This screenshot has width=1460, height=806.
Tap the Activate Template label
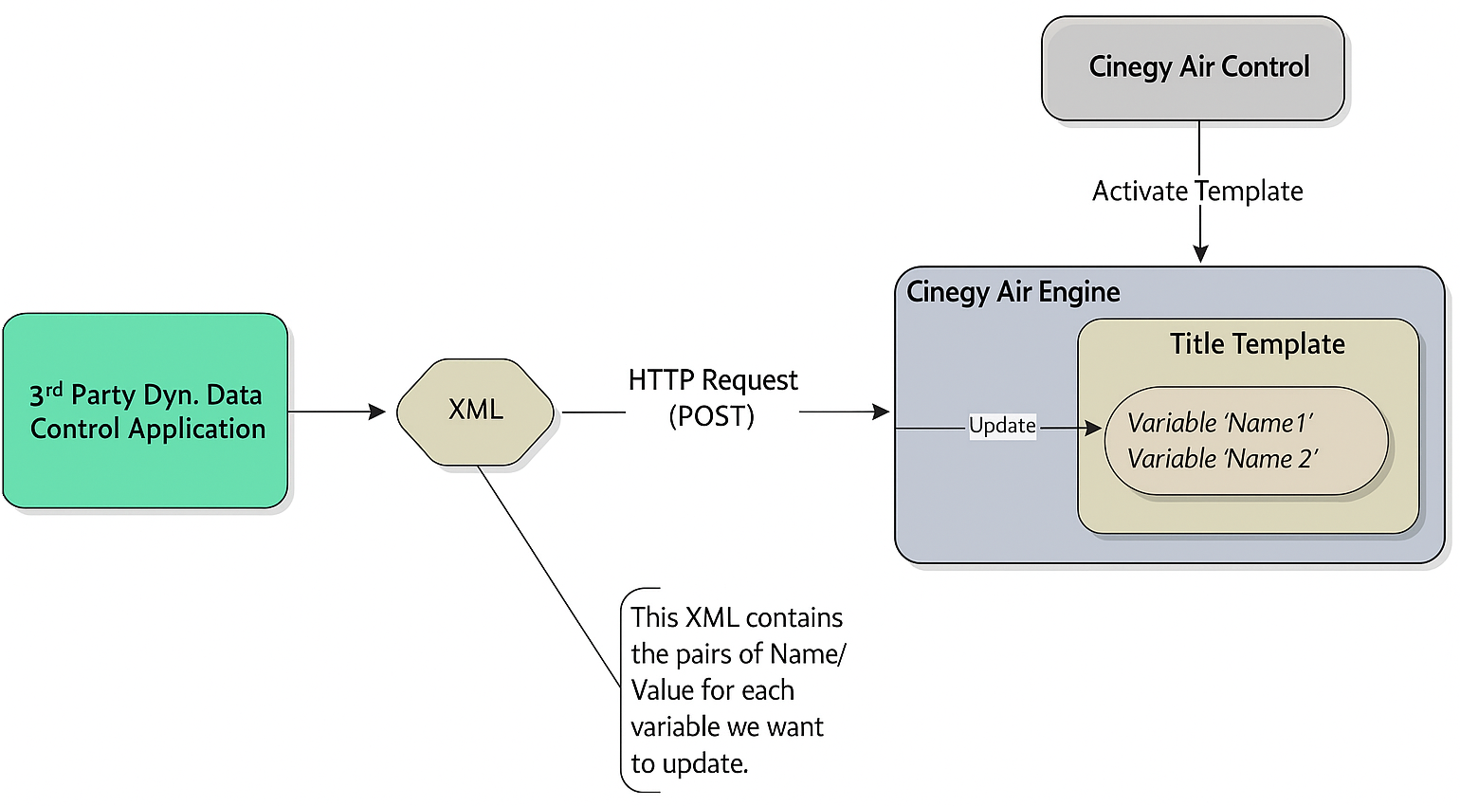tap(1197, 192)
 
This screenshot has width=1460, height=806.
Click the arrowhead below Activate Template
tap(1200, 253)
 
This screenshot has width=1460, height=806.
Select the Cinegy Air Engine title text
tap(1013, 292)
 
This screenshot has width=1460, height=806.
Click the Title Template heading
tap(1257, 344)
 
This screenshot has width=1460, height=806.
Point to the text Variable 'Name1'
tap(1220, 423)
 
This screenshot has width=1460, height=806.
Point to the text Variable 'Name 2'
tap(1222, 459)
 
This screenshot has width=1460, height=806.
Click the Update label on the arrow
tap(1002, 426)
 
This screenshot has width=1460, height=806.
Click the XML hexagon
tap(475, 411)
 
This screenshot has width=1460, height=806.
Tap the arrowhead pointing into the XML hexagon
tap(377, 412)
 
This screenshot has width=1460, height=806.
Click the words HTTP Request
tap(713, 380)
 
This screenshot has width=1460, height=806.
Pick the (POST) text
tap(711, 416)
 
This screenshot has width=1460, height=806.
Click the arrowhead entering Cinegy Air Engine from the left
tap(882, 412)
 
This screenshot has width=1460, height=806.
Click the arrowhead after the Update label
tap(1093, 429)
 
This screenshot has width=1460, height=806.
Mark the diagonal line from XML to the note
tap(548, 574)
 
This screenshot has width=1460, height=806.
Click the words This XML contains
tap(737, 617)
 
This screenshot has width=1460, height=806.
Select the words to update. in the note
tap(689, 763)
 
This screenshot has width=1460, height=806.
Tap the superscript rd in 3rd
tap(54, 389)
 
